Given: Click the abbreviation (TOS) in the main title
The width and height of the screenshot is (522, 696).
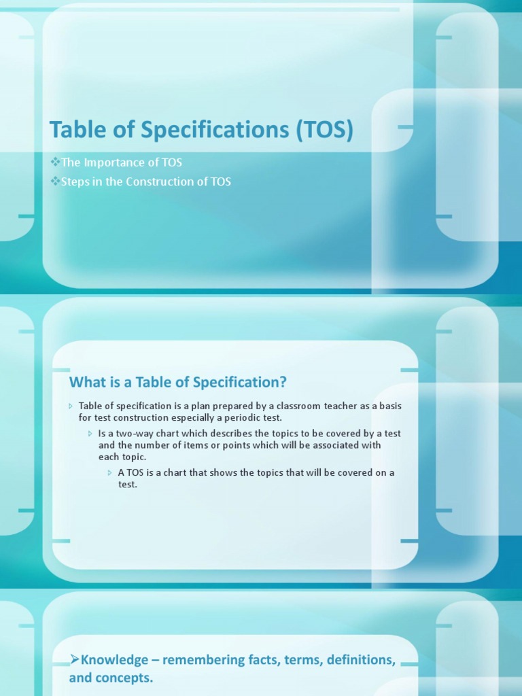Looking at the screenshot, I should click(325, 129).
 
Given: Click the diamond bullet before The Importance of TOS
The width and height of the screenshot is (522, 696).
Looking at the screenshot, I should click(55, 162).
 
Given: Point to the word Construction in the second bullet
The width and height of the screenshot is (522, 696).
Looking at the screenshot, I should click(161, 181).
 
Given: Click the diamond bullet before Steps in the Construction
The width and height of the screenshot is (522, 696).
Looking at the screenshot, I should click(55, 181).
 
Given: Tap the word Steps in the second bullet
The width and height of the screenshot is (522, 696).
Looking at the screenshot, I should click(75, 181).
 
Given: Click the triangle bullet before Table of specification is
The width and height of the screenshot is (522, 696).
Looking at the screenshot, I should click(71, 406).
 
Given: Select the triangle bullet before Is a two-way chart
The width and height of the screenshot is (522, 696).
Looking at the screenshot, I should click(90, 434).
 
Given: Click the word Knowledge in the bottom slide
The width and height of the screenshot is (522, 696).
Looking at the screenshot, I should click(114, 659).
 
